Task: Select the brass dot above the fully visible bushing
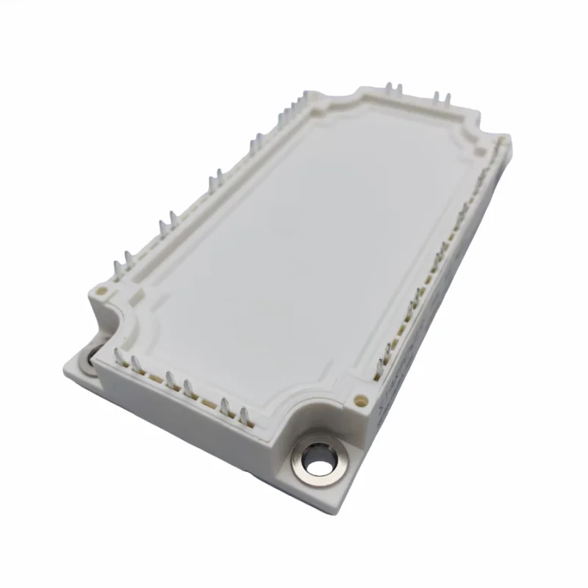[x=361, y=401]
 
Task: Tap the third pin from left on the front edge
[x=170, y=377]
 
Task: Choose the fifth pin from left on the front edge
[x=225, y=402]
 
